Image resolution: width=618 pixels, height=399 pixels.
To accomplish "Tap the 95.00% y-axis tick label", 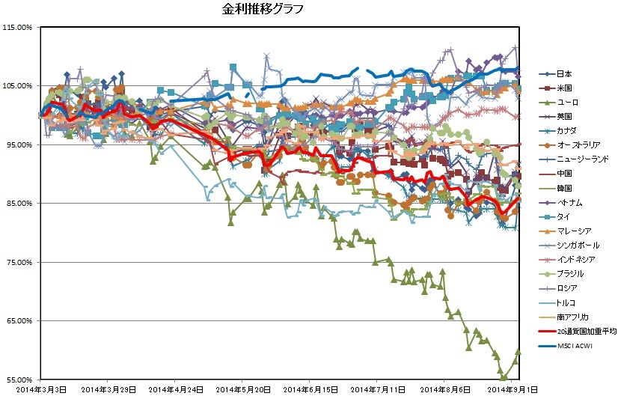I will tap(18, 144).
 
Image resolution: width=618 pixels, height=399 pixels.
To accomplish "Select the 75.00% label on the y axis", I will tap(18, 262).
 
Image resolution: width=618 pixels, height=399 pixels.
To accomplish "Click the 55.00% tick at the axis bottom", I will tap(18, 380).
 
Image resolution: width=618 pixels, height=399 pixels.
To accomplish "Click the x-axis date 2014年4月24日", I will tap(174, 389).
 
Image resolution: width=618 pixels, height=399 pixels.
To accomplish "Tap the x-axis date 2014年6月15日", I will tap(308, 389).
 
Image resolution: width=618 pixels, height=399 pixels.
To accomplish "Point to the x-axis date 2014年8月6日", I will tap(444, 389).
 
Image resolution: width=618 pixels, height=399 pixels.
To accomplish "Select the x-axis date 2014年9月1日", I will tap(511, 389).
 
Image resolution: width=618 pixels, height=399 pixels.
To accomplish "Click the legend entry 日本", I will tap(565, 73).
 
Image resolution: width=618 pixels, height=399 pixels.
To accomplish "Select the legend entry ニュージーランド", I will tap(584, 159).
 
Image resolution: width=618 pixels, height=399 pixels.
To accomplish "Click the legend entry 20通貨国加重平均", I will tap(585, 331).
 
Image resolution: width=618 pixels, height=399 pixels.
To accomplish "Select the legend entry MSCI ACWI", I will tap(576, 345).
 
